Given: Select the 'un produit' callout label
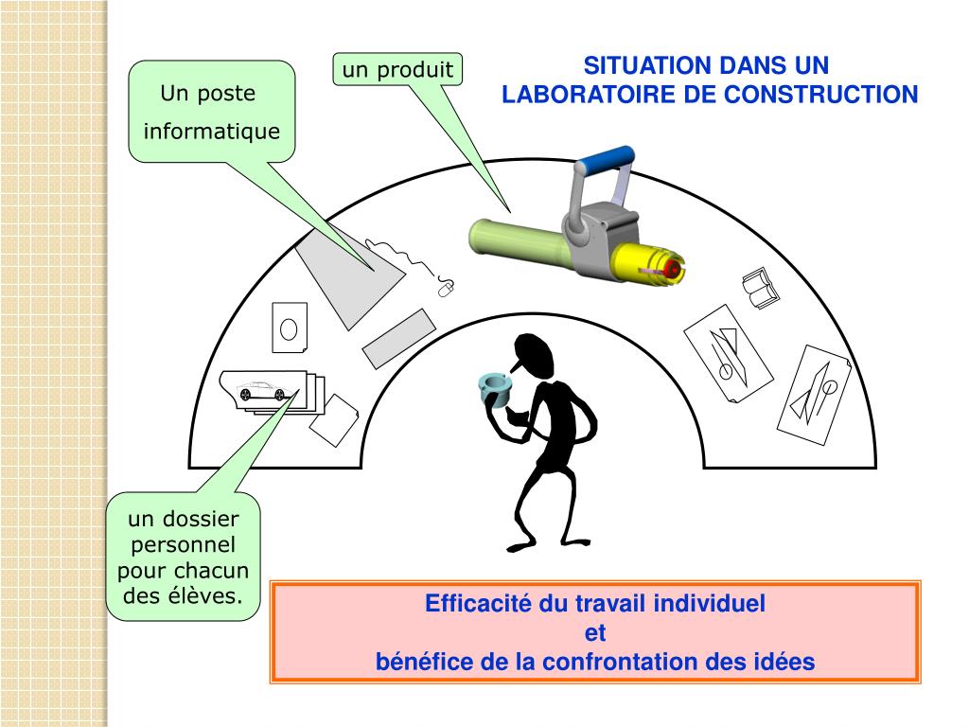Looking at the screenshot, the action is tap(397, 69).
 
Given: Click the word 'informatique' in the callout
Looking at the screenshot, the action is tap(212, 131).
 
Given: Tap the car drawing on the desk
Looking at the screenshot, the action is tap(262, 390).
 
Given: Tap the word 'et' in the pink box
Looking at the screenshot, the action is tap(594, 632).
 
